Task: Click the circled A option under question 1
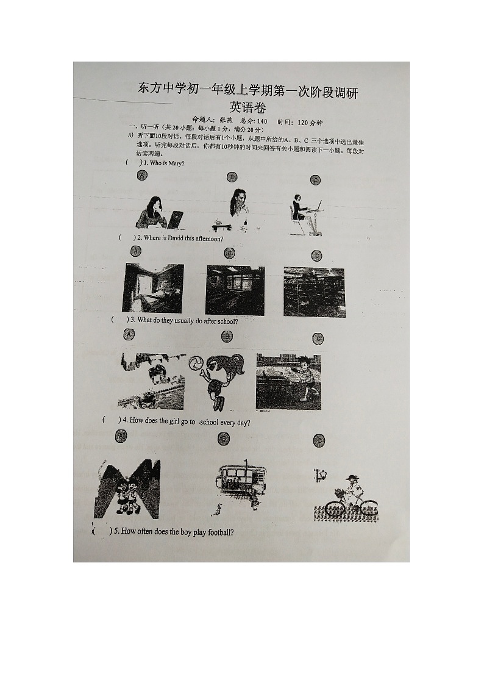tap(142, 176)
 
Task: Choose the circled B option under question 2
tap(230, 253)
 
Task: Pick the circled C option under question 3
tap(318, 339)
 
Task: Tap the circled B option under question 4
tap(224, 438)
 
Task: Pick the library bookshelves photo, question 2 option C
tap(314, 292)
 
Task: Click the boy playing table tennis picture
tap(288, 381)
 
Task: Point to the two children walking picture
tap(126, 490)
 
